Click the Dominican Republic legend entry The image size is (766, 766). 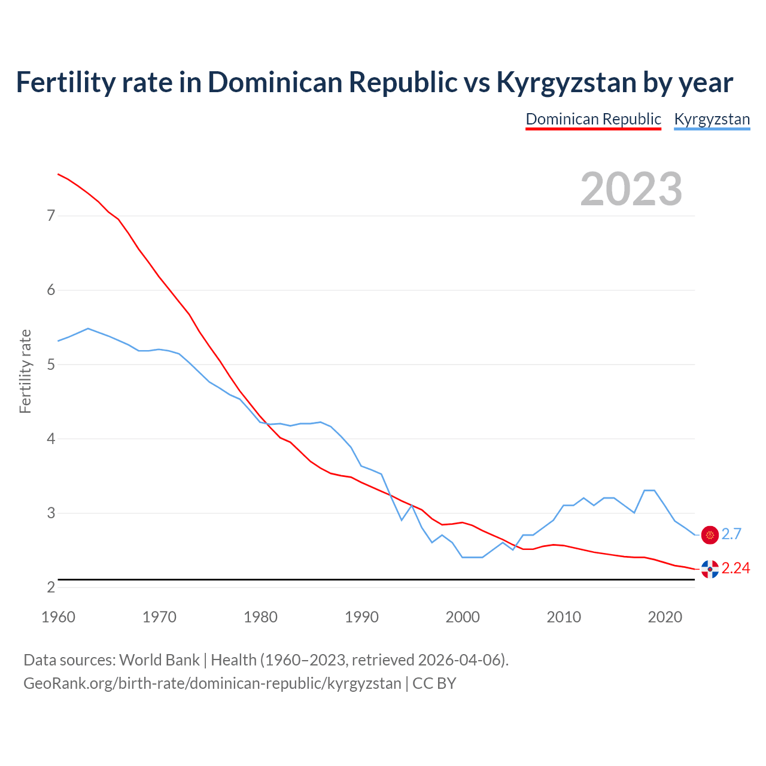(593, 119)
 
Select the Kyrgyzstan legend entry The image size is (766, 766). (712, 119)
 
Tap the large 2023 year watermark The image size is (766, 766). (631, 189)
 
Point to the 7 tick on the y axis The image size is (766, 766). (51, 215)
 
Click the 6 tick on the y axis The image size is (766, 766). (51, 290)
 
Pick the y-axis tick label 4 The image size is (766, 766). (51, 439)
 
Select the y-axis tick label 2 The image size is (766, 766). (51, 587)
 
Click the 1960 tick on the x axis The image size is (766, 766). (58, 617)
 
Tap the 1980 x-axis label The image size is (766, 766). (260, 617)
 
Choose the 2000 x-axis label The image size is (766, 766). (463, 617)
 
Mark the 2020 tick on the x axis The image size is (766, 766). (665, 617)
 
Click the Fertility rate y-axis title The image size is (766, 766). (25, 371)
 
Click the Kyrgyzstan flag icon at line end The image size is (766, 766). (710, 535)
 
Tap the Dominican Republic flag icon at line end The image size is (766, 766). (710, 569)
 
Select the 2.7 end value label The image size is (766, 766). (731, 534)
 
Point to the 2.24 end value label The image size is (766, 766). (735, 569)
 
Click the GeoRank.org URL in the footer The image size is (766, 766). (212, 683)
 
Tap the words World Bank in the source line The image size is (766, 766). (159, 660)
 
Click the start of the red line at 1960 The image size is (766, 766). (58, 174)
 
